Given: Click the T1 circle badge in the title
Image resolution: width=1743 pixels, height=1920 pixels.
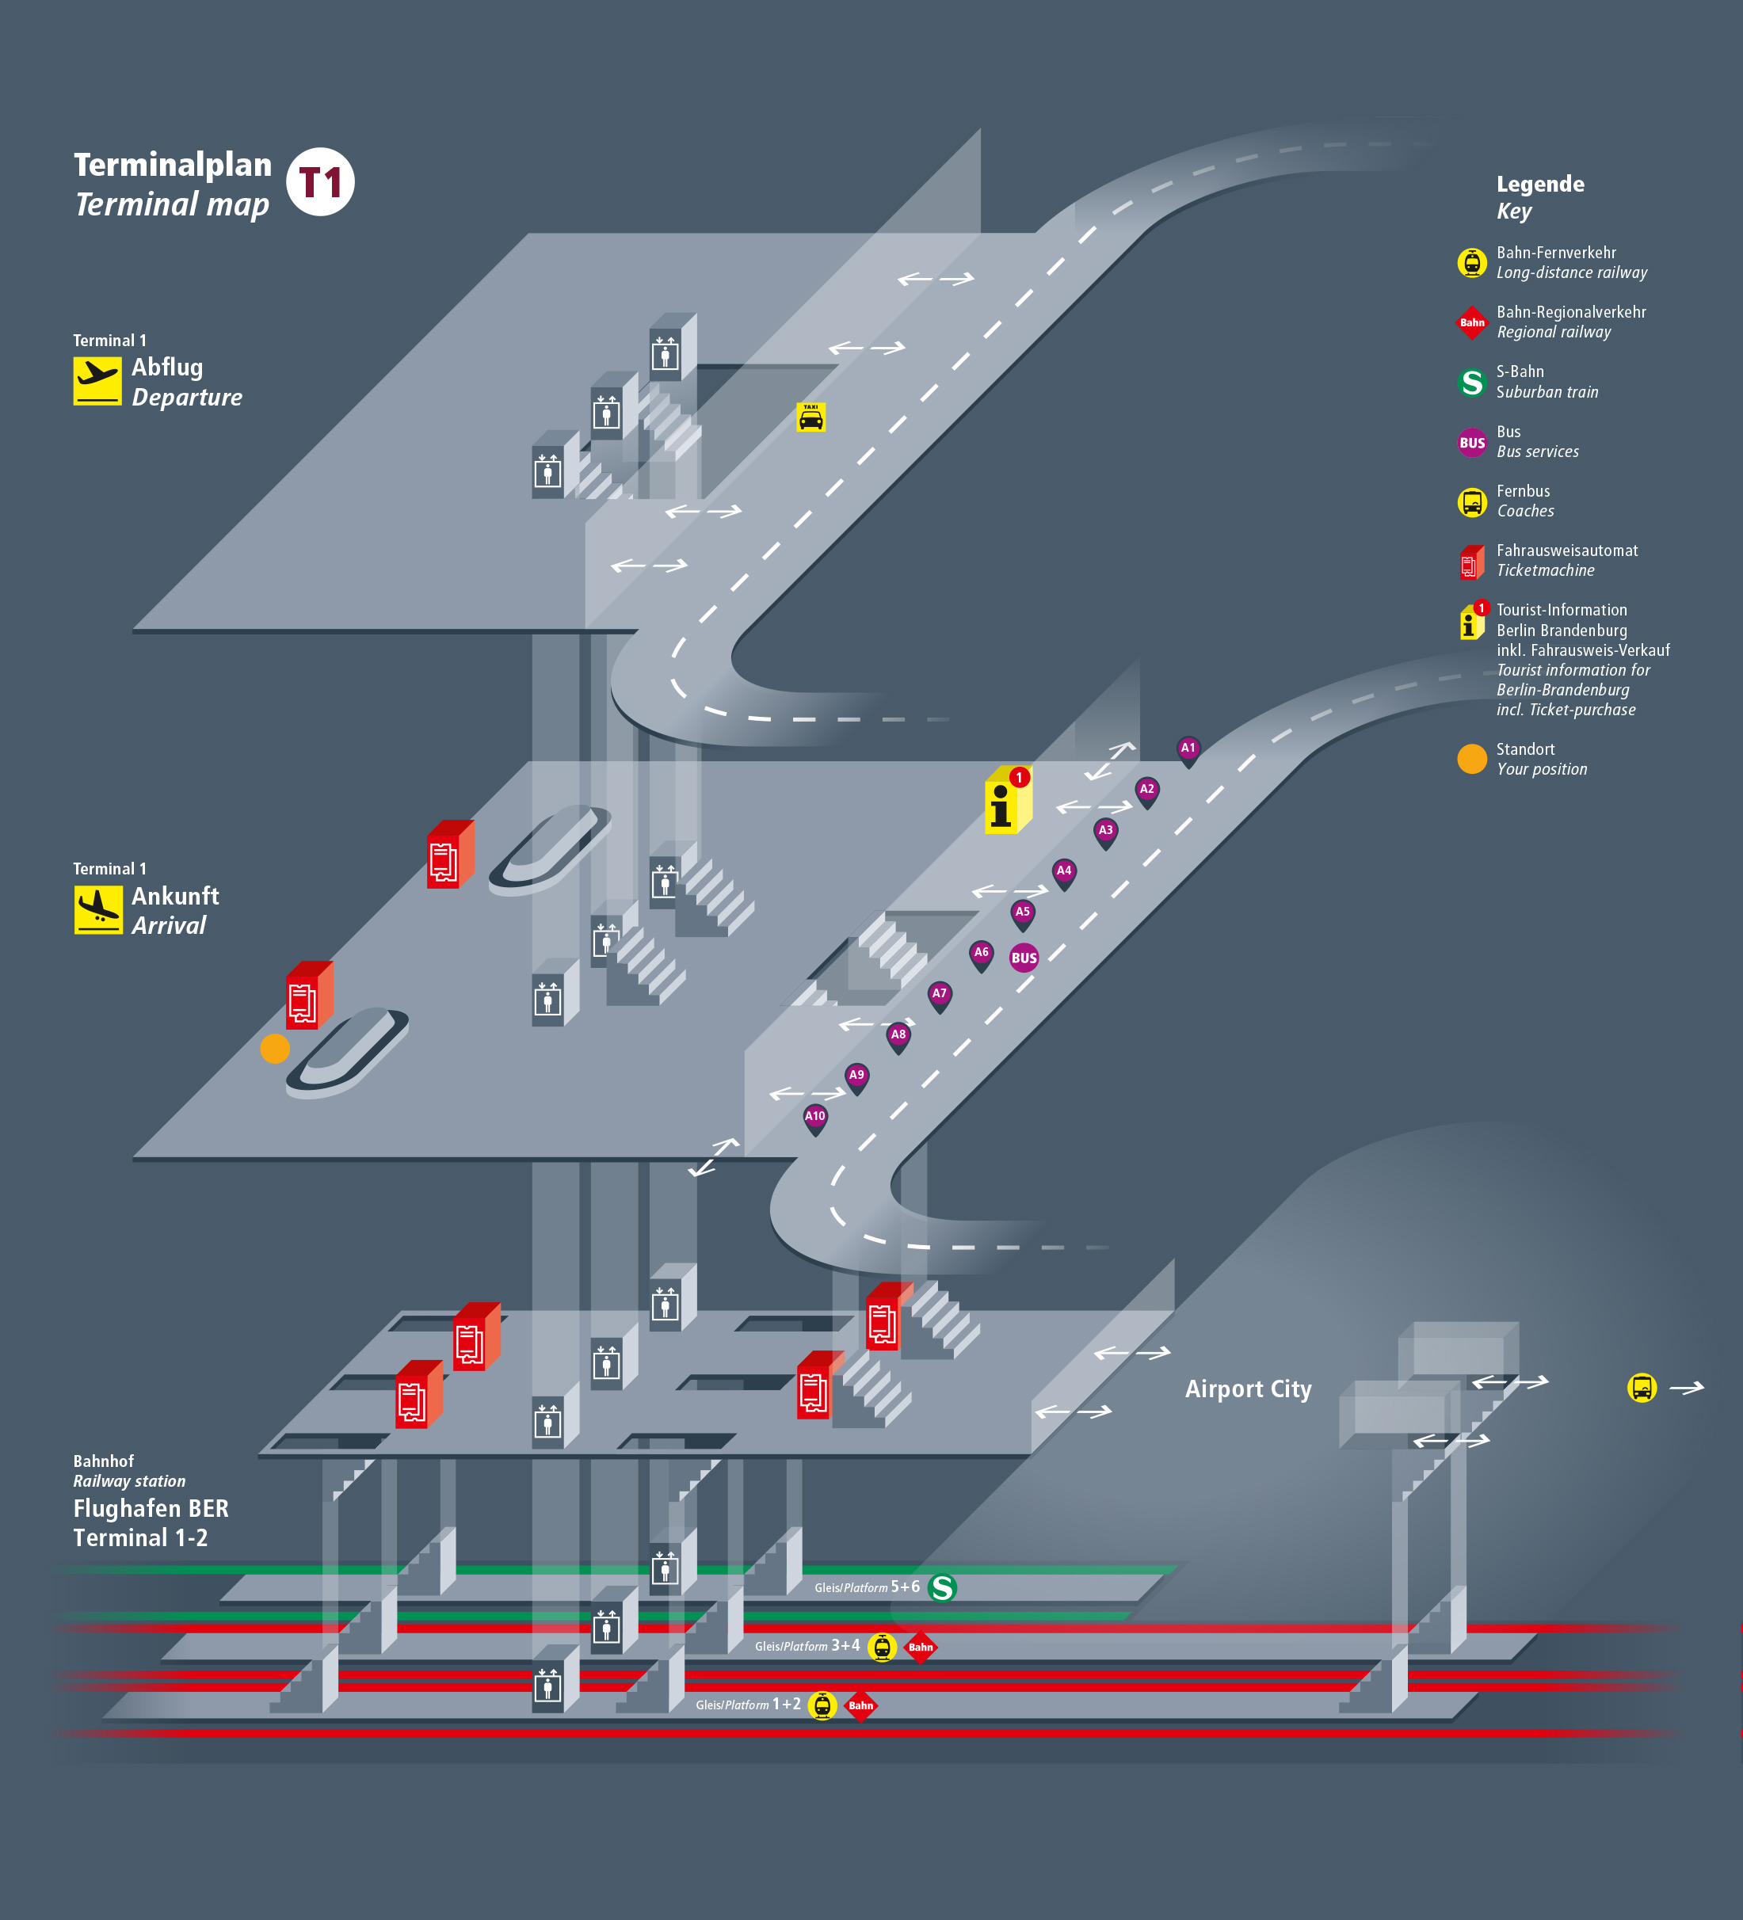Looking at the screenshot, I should coord(320,182).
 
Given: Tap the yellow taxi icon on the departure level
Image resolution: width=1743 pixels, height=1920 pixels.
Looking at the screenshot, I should coord(810,417).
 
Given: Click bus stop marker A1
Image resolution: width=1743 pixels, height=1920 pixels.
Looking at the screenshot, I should coord(1188,749).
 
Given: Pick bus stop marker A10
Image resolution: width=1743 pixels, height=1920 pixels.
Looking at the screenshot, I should coord(815,1117).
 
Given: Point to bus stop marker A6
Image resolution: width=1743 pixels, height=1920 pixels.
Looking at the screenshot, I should coord(981,954).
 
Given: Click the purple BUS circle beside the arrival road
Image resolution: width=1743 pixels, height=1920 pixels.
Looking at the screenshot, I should coord(1024,958).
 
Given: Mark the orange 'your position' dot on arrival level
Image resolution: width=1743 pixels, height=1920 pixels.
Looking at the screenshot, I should coord(274,1049).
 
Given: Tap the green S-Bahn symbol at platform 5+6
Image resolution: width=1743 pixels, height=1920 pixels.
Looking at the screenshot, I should coord(942,1587).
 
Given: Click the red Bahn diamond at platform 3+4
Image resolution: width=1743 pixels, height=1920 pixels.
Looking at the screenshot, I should coord(920,1648).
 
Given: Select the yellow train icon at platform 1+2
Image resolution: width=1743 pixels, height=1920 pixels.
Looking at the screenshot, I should coord(822,1705).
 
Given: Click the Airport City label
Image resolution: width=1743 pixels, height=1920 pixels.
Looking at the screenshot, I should coord(1248,1389).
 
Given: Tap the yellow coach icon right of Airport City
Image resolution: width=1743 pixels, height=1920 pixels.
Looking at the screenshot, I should coord(1641,1389).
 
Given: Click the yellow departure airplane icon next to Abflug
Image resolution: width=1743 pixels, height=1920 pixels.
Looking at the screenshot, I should coord(97,381).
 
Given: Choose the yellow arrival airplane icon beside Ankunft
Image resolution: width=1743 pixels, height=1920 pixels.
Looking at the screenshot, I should coord(98,909).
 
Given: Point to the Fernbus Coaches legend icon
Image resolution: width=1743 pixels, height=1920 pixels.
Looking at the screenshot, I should coord(1471,502).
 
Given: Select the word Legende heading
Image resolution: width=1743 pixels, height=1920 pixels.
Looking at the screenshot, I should coord(1539,185).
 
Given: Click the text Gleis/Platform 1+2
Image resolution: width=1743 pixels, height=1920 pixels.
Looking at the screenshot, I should coord(748,1705).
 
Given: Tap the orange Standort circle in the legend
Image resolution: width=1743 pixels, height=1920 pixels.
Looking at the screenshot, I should coord(1471,759).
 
